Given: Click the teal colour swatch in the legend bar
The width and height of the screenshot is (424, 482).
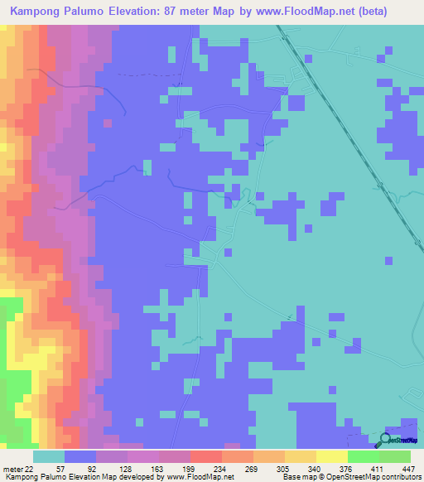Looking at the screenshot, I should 48,456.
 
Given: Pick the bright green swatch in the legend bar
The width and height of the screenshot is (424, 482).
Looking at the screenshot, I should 363,456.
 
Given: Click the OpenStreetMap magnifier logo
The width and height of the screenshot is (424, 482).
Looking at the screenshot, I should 387,439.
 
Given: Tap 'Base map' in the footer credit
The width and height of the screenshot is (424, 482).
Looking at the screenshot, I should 299,477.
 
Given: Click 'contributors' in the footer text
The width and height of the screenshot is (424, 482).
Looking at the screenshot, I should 402,477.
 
